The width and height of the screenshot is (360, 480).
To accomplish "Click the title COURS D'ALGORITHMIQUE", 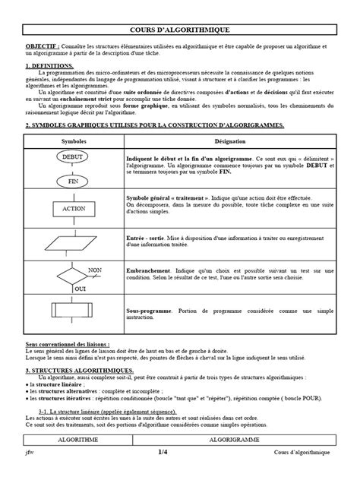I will (179, 29).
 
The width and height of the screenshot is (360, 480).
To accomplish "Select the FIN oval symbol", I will (74, 182).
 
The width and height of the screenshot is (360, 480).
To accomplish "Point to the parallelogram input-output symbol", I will (74, 242).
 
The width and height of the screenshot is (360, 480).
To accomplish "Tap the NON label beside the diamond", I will (95, 269).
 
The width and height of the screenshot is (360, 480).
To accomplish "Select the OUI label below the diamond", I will (79, 289).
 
